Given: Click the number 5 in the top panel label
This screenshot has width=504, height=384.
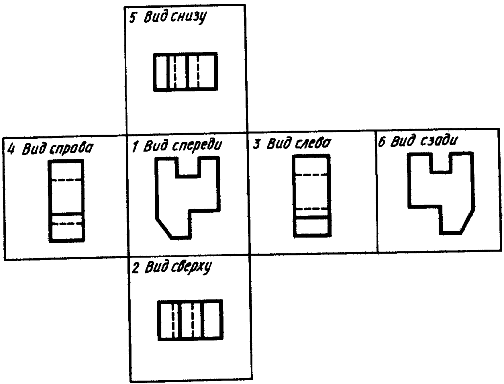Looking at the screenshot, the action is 132,17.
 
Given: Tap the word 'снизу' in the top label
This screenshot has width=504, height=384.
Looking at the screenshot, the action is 188,17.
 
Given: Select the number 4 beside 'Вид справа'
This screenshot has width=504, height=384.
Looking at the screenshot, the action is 11,150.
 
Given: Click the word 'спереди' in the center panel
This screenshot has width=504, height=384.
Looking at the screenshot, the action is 197,146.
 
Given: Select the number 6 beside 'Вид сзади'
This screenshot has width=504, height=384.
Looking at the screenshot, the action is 382,142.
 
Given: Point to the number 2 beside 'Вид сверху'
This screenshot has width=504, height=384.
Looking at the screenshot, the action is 136,268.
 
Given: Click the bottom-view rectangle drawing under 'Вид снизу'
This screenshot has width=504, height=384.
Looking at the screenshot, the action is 185,72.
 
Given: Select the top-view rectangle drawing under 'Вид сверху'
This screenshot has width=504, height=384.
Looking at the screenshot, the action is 190,320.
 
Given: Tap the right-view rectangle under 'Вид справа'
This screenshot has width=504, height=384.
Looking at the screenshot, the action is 67,201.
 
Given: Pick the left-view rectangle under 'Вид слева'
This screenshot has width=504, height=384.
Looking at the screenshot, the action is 312,196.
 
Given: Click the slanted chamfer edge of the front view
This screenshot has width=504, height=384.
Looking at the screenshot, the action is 164,229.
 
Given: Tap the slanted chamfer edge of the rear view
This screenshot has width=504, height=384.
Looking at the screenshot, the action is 467,220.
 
